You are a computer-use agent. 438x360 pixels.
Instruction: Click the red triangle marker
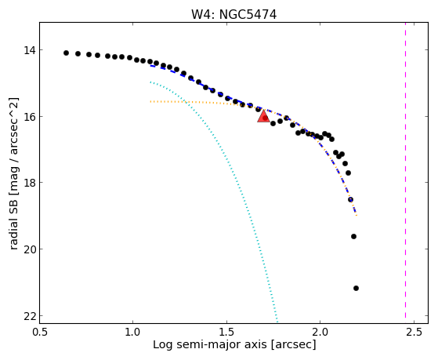[263, 116]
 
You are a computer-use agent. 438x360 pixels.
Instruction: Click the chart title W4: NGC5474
[233, 15]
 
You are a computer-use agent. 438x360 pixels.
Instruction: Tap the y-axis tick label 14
[30, 50]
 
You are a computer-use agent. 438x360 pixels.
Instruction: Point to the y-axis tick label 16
[30, 117]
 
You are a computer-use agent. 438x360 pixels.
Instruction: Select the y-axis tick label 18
[30, 183]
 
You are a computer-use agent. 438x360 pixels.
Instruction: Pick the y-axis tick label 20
[30, 249]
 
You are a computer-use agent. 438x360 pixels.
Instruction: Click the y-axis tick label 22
[30, 316]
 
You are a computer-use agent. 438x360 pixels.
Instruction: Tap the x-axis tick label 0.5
[40, 332]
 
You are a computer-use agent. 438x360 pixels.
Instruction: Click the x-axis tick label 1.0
[133, 332]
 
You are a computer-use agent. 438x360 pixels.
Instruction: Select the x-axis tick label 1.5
[226, 332]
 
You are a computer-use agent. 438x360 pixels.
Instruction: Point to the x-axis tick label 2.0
[320, 332]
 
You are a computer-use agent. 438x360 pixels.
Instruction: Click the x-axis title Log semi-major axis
[210, 345]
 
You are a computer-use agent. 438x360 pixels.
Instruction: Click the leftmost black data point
[66, 53]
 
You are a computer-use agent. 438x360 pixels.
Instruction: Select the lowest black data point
[356, 288]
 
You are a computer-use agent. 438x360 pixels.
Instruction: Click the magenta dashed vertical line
[405, 173]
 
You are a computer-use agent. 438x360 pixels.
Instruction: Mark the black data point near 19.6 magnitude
[353, 236]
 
